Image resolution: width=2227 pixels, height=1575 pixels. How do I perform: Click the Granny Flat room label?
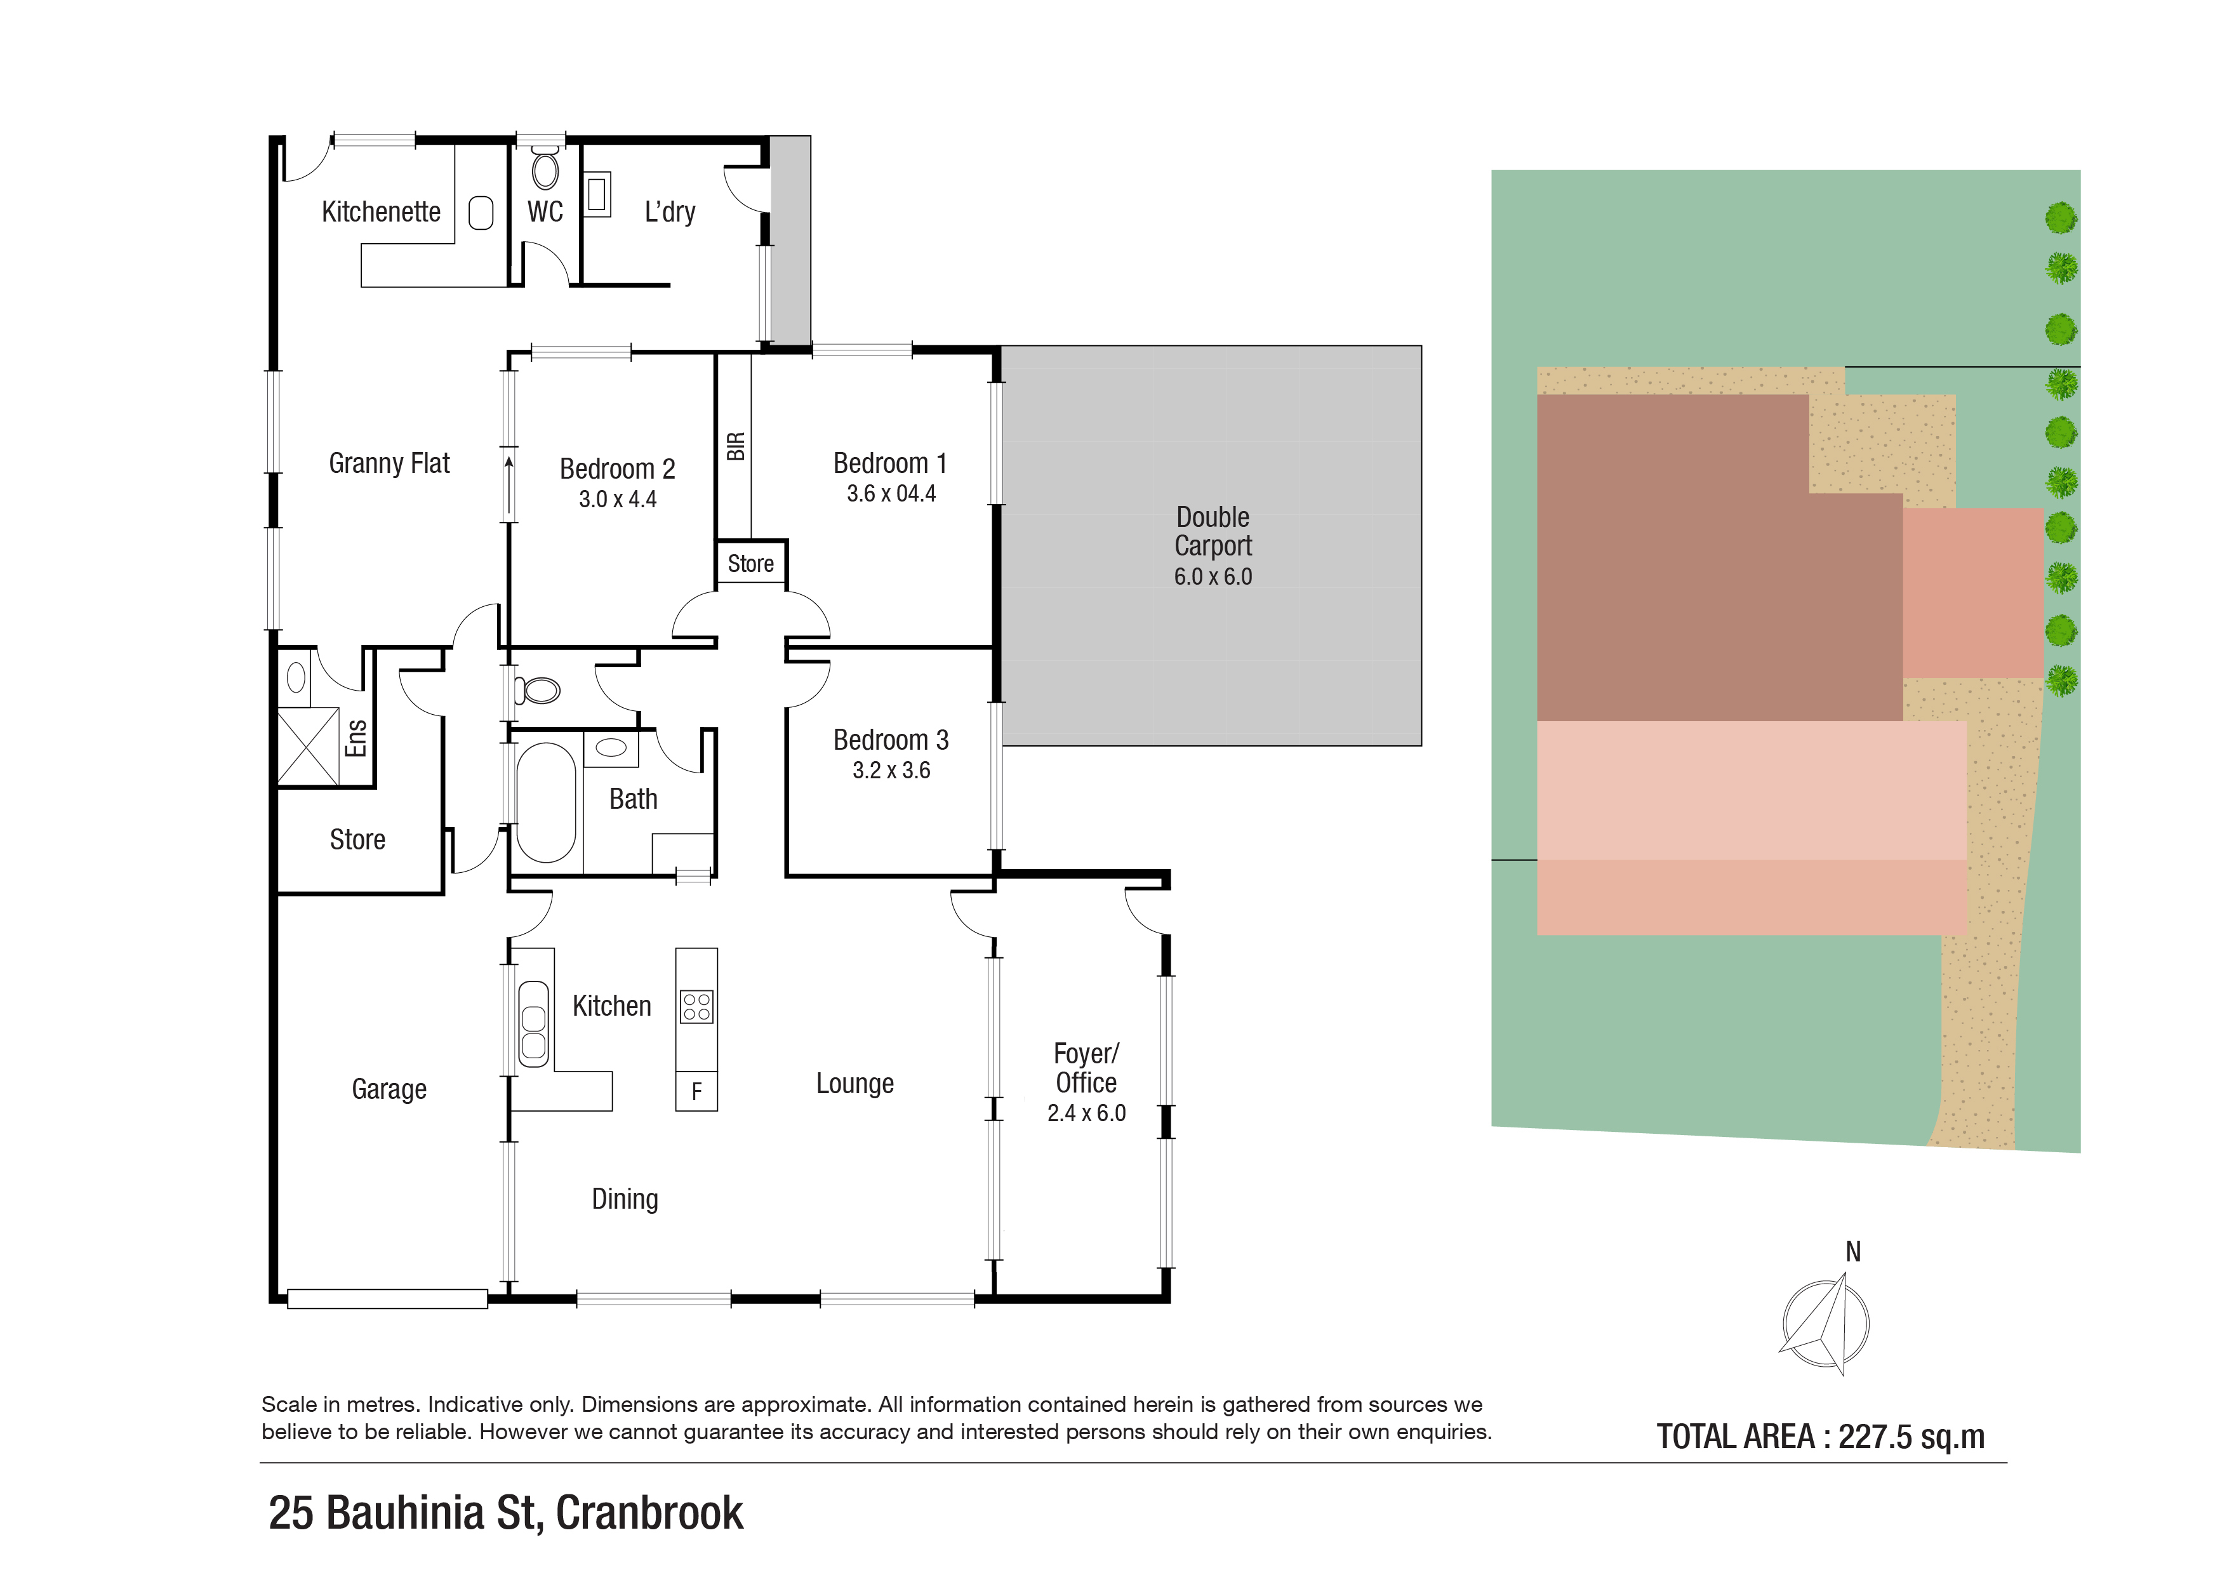tap(389, 463)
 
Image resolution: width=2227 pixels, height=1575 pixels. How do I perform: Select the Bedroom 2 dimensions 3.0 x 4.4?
tap(617, 500)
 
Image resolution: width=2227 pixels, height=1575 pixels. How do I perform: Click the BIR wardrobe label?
tap(735, 446)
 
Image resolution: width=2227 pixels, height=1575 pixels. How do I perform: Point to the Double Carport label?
tap(1213, 531)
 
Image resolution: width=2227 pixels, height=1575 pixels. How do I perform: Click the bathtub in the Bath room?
tap(545, 802)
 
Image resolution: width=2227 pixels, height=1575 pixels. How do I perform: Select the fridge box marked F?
tap(696, 1092)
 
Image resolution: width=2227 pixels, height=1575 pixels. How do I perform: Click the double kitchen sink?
tap(533, 1024)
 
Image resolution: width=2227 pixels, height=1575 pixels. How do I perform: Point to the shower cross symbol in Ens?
tap(307, 747)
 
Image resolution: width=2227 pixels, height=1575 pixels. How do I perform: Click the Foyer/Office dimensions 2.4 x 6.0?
tap(1086, 1113)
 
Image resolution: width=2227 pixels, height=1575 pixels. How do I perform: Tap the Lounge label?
tap(854, 1083)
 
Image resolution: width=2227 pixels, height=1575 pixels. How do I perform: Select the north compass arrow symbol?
tap(1825, 1324)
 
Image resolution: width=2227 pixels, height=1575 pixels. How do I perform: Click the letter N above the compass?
tap(1852, 1252)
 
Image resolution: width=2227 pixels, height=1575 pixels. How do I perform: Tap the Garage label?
tap(389, 1089)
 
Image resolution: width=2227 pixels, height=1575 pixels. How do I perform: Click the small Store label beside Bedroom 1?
tap(751, 564)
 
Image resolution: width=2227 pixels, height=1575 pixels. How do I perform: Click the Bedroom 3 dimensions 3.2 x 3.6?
tap(891, 771)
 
